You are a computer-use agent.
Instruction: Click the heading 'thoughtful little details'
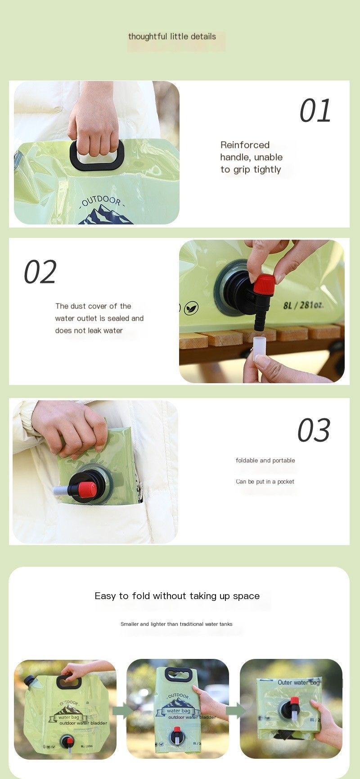[172, 37]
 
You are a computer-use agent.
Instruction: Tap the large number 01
[315, 111]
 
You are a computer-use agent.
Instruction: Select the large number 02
[40, 272]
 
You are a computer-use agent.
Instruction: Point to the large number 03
[314, 430]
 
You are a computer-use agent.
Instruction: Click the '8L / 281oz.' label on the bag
[303, 305]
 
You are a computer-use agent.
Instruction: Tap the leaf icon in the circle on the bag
[191, 308]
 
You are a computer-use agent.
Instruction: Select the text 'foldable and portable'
[265, 460]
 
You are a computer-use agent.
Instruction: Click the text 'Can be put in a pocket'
[265, 481]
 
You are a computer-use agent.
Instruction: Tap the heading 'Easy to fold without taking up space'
[177, 596]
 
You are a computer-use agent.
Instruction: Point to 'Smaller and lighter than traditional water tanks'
[176, 624]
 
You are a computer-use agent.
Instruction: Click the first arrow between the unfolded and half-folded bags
[121, 711]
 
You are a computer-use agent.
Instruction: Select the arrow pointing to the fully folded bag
[235, 711]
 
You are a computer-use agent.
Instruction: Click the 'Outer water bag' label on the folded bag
[298, 682]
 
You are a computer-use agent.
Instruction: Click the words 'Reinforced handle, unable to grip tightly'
[251, 157]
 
